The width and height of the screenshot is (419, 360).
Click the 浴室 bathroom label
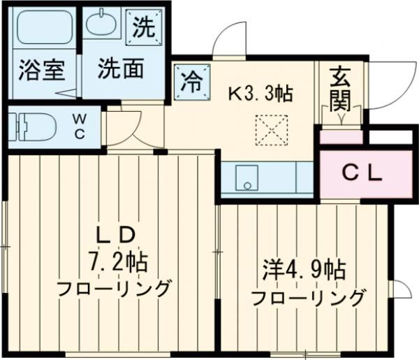click(41, 70)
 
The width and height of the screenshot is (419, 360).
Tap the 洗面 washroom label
click(121, 69)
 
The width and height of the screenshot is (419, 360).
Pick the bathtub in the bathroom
click(41, 31)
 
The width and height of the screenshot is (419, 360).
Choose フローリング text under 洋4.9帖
click(307, 298)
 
